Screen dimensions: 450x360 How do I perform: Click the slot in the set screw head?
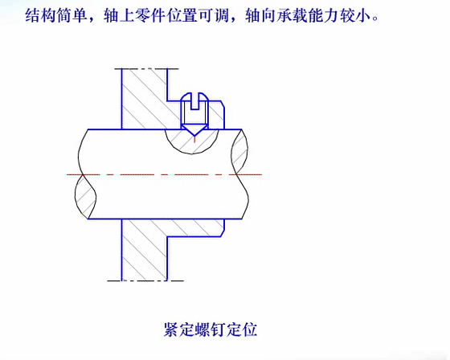(194, 101)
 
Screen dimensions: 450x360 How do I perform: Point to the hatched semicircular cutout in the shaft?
(192, 141)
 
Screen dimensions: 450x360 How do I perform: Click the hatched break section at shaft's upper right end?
(240, 151)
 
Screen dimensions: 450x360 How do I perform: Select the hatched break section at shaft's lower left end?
(85, 197)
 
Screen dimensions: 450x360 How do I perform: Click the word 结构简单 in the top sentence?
(56, 15)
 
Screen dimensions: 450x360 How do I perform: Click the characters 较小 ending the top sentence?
(355, 15)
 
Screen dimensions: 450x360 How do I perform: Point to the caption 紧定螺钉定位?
(211, 329)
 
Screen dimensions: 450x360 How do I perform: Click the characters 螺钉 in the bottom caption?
(211, 329)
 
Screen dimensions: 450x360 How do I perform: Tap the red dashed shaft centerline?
(164, 174)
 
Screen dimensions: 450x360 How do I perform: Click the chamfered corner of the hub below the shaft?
(223, 234)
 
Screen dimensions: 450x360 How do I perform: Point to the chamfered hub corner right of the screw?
(223, 104)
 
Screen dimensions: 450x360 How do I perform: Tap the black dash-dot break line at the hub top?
(146, 69)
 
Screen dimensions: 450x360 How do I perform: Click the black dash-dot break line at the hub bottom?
(145, 280)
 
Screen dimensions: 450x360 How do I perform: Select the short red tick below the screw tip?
(194, 140)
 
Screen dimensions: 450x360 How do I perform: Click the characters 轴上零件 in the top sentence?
(135, 15)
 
